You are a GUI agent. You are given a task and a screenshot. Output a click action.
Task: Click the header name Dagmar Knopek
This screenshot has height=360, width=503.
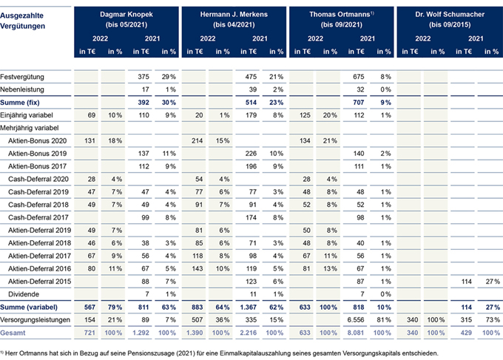click(126, 15)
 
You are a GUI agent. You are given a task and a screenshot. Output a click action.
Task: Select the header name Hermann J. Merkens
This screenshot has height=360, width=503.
click(234, 15)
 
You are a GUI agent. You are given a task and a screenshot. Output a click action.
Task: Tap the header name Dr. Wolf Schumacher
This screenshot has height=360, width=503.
click(450, 15)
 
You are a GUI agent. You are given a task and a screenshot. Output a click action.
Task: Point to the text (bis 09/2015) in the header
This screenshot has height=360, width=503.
click(450, 24)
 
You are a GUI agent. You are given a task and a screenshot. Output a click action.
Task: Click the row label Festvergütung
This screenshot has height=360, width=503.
click(22, 77)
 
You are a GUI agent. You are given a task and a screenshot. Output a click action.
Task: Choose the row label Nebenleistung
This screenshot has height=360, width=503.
click(22, 89)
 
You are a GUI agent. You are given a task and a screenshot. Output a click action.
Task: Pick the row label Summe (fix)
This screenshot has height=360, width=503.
click(20, 103)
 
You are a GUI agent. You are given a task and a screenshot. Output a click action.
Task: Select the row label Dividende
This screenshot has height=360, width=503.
click(24, 294)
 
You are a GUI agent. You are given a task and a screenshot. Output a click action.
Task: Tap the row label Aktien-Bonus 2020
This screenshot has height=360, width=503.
click(38, 140)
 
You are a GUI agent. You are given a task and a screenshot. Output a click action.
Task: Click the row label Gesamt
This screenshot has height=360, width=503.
click(13, 333)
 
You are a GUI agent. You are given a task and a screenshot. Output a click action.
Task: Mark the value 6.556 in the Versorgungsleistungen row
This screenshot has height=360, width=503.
click(356, 320)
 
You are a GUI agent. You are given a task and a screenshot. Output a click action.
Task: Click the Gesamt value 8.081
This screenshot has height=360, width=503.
click(356, 333)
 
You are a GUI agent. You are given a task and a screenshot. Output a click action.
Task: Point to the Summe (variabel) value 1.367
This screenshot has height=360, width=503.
click(249, 307)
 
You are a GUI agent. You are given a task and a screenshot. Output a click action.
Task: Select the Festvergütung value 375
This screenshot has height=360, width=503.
click(144, 77)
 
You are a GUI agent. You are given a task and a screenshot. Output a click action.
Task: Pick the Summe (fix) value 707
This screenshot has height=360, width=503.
click(358, 103)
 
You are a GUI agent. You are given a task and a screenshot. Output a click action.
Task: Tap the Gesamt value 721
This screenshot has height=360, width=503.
click(90, 333)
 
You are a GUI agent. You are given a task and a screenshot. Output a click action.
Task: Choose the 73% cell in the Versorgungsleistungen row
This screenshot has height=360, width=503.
click(493, 320)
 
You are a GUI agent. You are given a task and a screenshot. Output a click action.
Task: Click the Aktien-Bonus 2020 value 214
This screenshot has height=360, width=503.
click(197, 140)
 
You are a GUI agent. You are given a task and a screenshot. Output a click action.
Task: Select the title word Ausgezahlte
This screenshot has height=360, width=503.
click(21, 16)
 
